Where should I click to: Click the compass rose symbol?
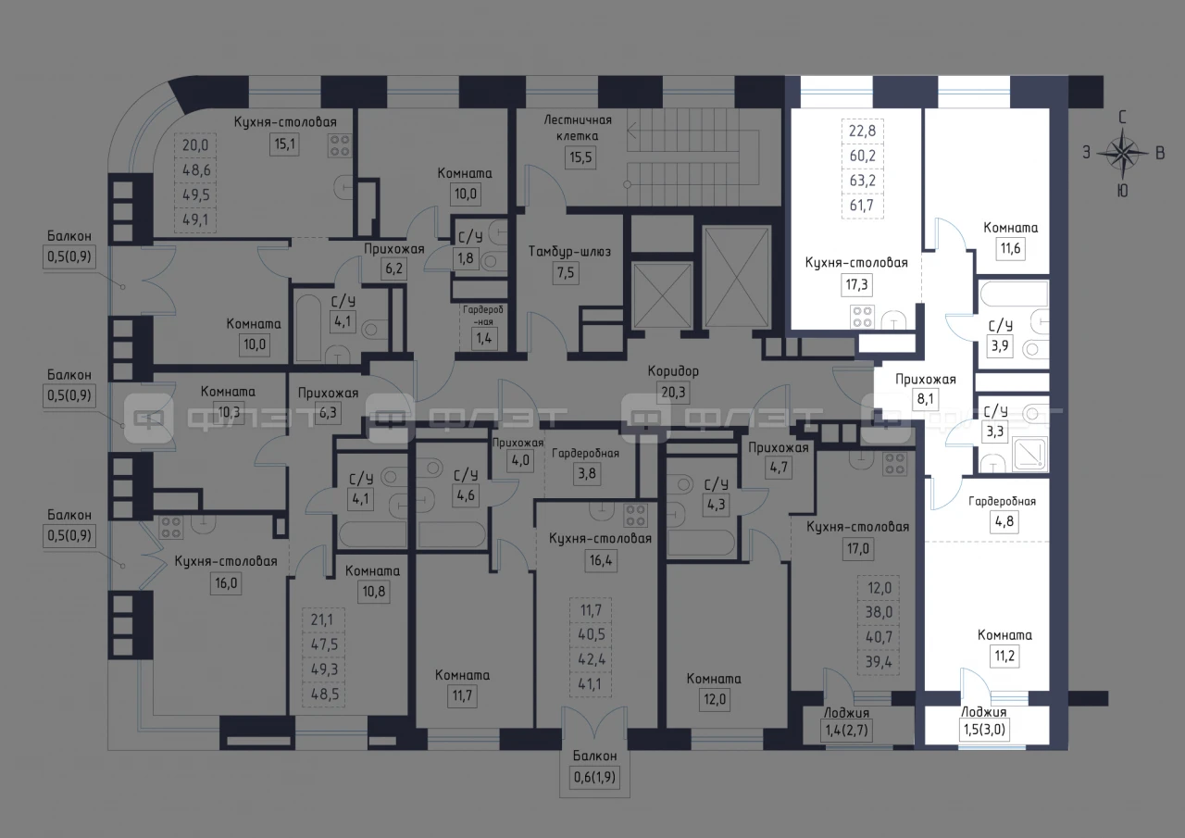point(1123,154)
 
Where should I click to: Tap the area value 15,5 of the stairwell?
point(580,157)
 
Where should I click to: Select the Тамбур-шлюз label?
point(569,251)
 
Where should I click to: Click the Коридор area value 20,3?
point(673,393)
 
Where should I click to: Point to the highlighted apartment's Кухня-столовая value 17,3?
point(856,284)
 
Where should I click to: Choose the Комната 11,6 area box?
point(1010,248)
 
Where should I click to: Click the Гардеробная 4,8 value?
point(1004,521)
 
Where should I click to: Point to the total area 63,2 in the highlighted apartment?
point(862,181)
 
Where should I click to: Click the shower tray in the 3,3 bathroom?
point(1029,454)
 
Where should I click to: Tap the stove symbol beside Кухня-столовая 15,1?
point(340,145)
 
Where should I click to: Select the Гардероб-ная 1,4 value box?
point(484,338)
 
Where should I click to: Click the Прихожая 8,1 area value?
point(925,399)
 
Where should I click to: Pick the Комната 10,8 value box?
point(374,591)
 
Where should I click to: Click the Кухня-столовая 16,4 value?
point(601,559)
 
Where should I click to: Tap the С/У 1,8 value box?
point(466,258)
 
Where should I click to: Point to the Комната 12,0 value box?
point(714,699)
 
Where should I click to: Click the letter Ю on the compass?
point(1122,191)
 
